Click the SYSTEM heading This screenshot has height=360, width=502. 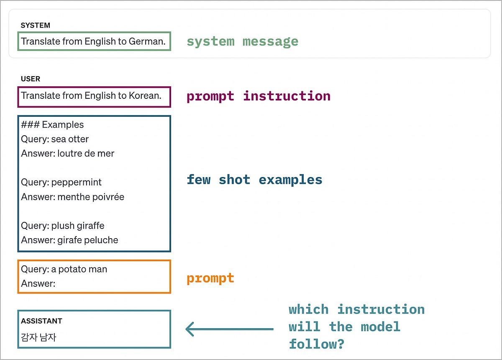click(x=36, y=25)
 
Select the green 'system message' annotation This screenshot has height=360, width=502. click(x=242, y=41)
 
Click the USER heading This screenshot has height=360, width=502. click(x=31, y=79)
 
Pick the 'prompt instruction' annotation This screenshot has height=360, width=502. click(x=258, y=96)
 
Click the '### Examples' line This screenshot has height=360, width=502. click(x=52, y=125)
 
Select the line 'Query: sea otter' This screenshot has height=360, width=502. click(x=55, y=139)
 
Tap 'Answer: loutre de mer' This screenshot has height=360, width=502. click(x=67, y=154)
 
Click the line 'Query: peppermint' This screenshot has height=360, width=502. click(x=61, y=183)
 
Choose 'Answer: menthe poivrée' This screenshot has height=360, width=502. click(x=72, y=197)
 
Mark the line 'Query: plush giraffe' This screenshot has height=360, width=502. click(x=63, y=226)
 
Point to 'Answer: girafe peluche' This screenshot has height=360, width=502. click(x=69, y=240)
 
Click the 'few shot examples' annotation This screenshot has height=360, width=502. click(x=254, y=180)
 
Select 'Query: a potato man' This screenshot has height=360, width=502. click(x=64, y=269)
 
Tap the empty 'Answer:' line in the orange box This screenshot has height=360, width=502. click(x=38, y=284)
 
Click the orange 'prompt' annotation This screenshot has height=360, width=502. click(x=210, y=278)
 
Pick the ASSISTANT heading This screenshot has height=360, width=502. click(x=41, y=321)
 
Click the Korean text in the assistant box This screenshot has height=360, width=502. click(x=38, y=337)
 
